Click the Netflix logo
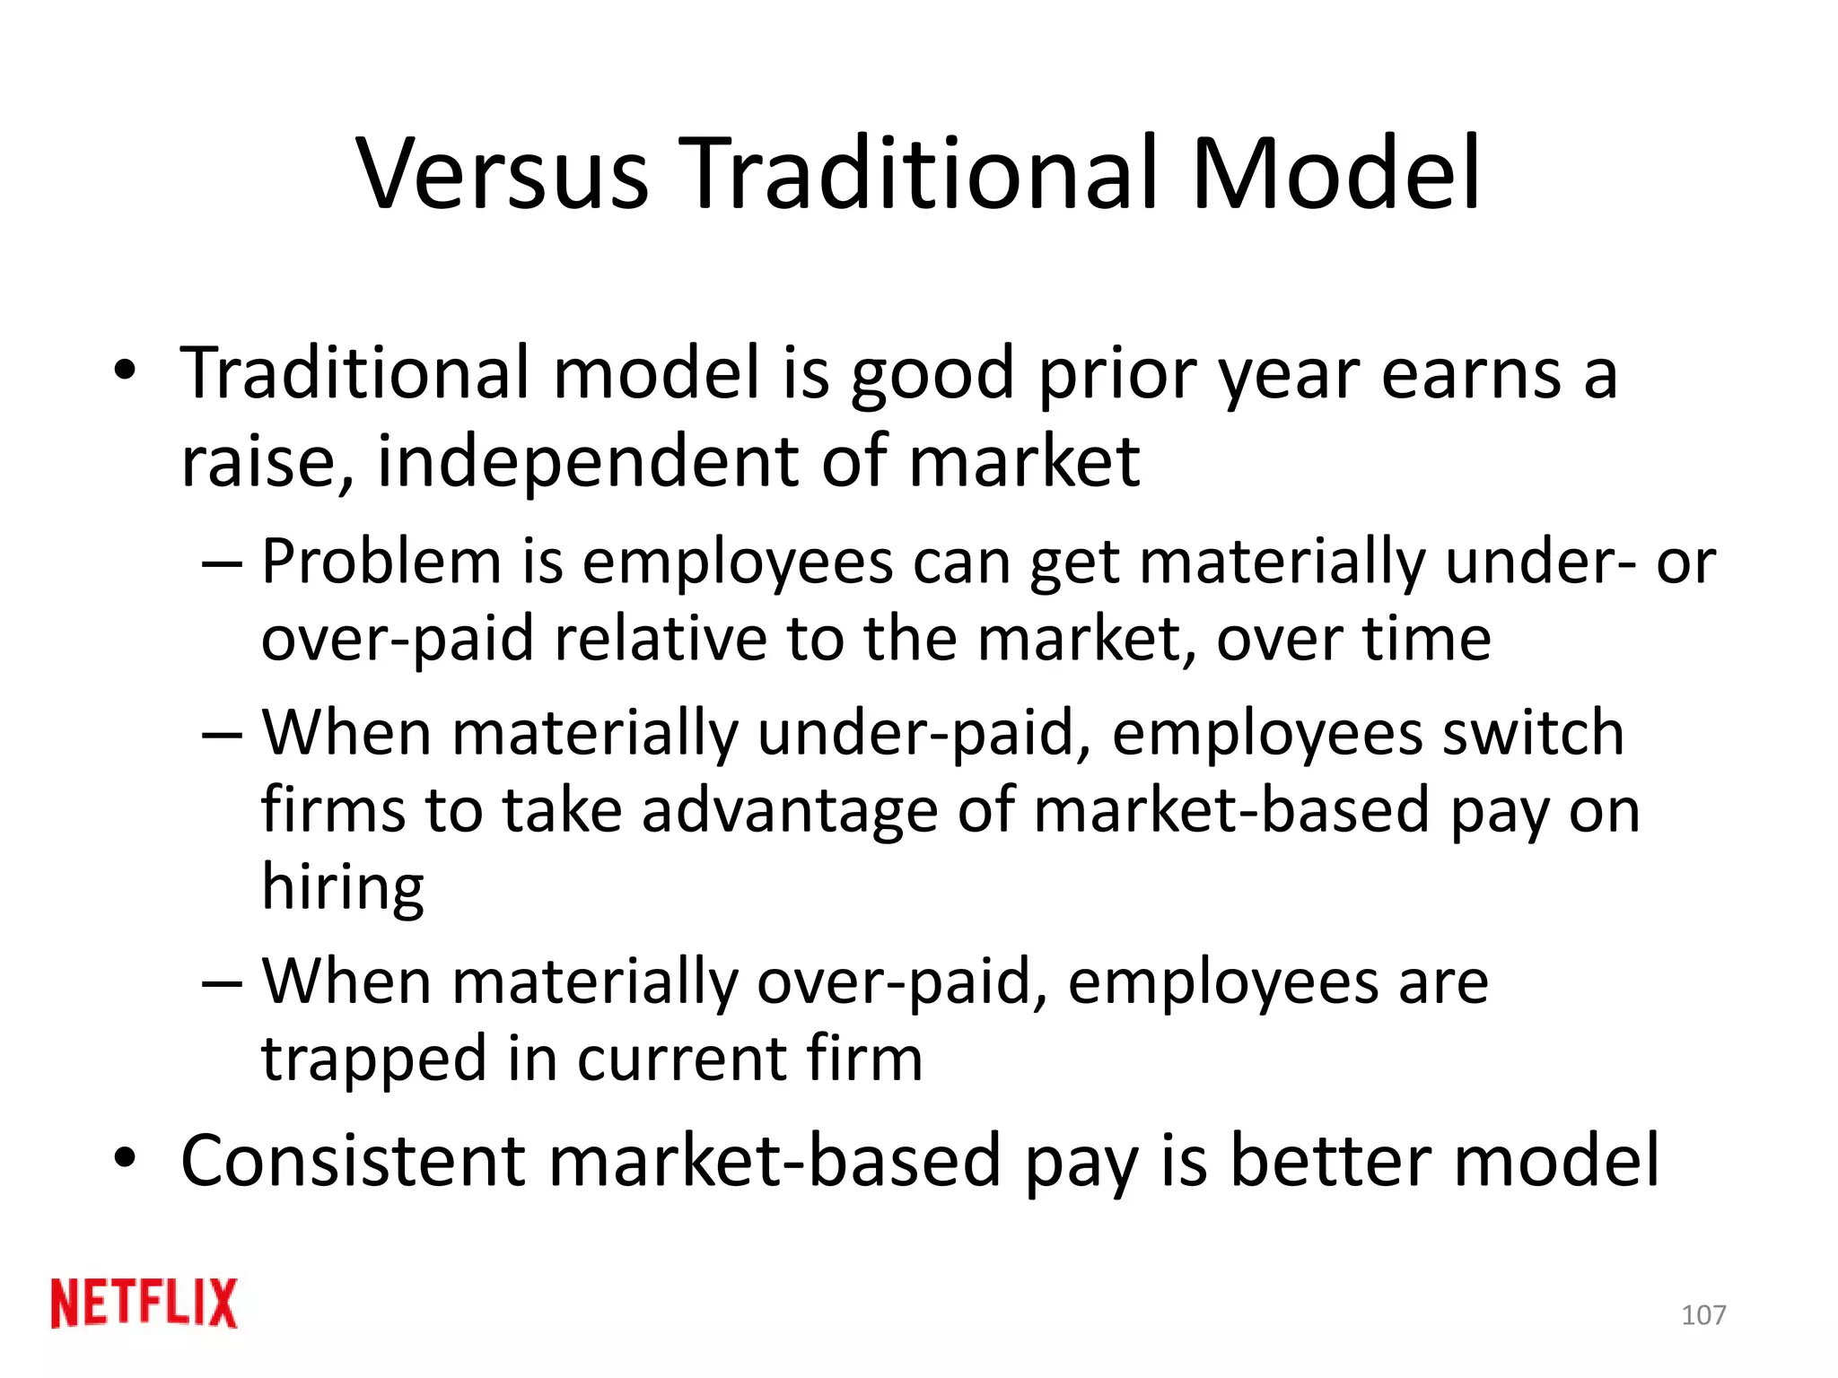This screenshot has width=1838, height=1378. tap(144, 1303)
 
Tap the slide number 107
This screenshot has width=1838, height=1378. tap(1702, 1315)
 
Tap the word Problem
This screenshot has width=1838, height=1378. tap(381, 563)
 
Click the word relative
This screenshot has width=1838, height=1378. tap(661, 639)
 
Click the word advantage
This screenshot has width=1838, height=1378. tap(790, 810)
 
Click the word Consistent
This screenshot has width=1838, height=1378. tap(353, 1161)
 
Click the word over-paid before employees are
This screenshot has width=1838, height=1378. tap(902, 982)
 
